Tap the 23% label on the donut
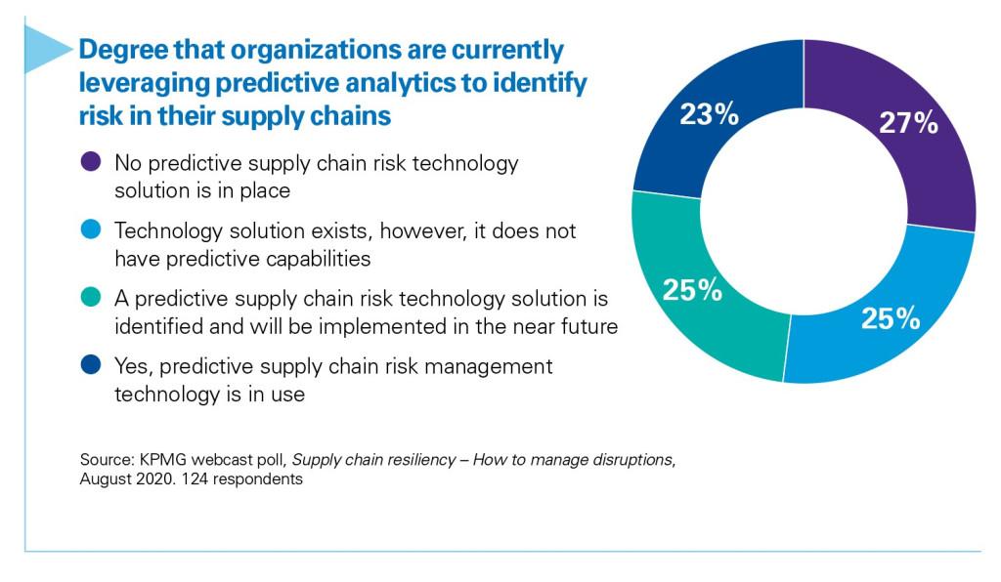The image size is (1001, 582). click(708, 115)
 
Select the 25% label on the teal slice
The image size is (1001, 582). click(692, 290)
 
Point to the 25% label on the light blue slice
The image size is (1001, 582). click(890, 317)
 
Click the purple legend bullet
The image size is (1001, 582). click(90, 163)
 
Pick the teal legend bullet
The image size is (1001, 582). click(90, 298)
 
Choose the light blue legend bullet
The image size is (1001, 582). click(90, 231)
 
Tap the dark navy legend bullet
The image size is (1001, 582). click(90, 366)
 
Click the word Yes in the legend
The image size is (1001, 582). click(131, 366)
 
